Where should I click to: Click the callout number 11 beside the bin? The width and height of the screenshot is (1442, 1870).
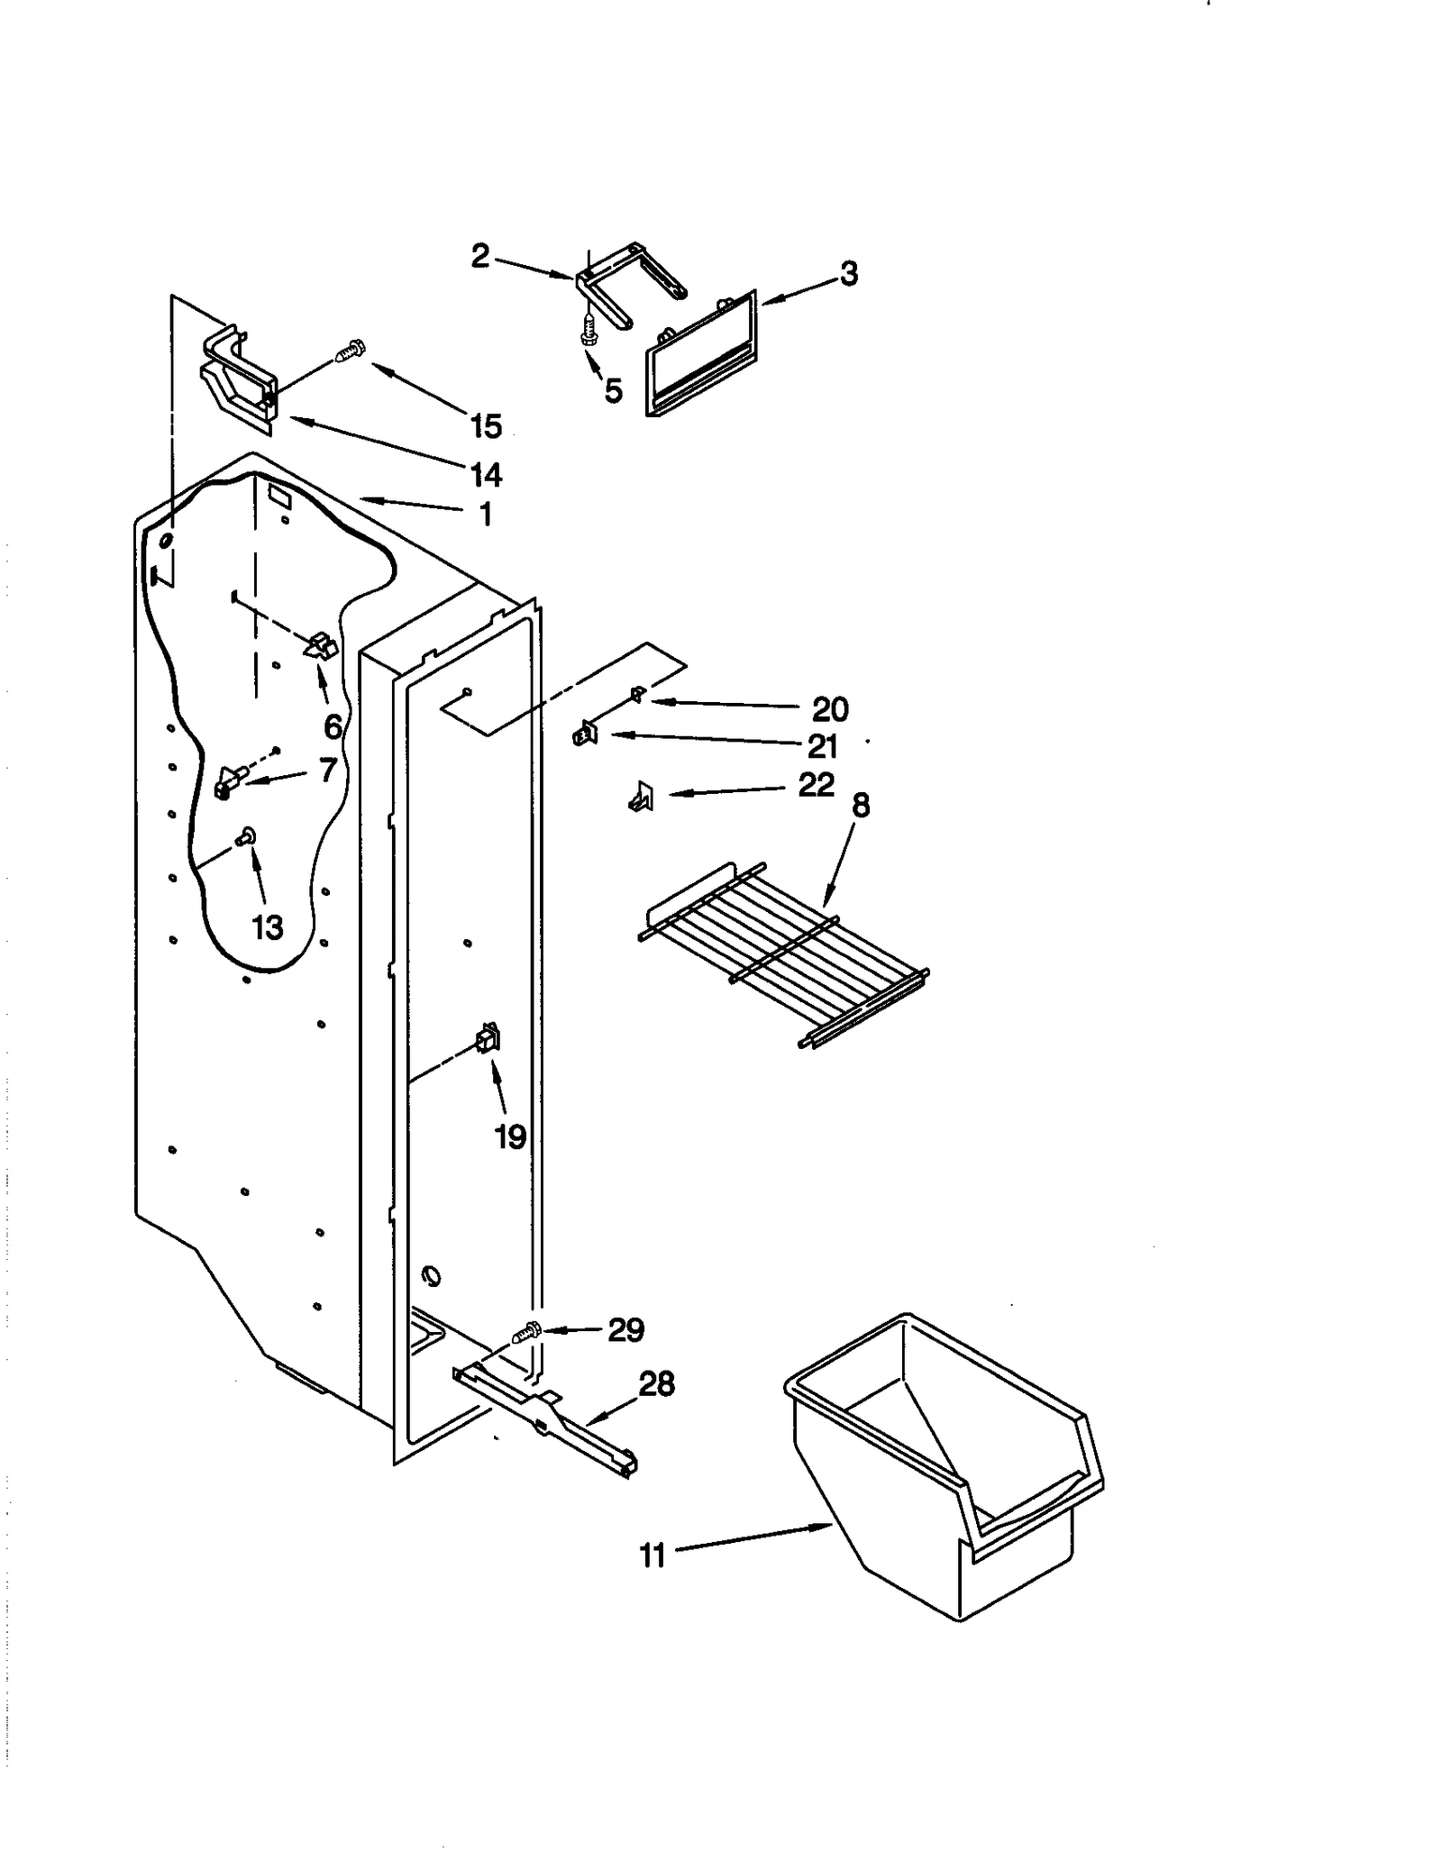coord(652,1556)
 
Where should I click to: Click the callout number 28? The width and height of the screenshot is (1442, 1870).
coord(657,1383)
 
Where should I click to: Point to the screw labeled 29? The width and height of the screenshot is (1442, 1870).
coord(527,1331)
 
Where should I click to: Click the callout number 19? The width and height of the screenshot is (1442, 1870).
coord(510,1137)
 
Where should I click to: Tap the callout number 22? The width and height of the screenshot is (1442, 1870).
coord(817,785)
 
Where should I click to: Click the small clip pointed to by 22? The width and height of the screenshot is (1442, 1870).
coord(641,797)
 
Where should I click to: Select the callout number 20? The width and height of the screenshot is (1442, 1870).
coord(830,709)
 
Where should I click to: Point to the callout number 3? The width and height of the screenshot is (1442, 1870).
coord(849,274)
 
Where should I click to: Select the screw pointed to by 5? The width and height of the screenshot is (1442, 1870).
coord(589,331)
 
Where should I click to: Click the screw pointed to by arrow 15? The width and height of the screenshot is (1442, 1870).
coord(349,351)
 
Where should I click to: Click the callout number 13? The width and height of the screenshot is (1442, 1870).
coord(268,926)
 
